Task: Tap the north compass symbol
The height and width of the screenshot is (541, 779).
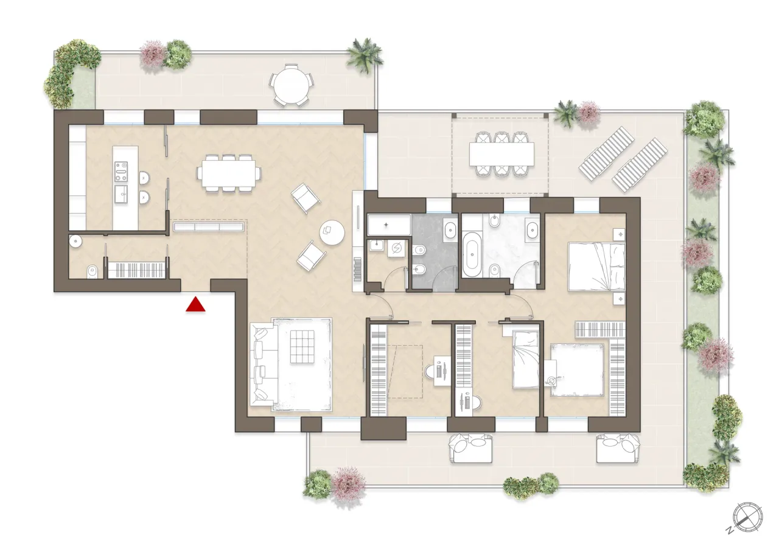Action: point(747,515)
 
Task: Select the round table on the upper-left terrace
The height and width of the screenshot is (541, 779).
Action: point(290,87)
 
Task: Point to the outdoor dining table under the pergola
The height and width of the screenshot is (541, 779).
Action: point(501,154)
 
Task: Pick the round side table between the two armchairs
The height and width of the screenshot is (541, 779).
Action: point(332,231)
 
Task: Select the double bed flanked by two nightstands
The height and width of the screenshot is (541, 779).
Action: point(596,266)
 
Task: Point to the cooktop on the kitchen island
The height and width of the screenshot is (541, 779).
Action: point(121,172)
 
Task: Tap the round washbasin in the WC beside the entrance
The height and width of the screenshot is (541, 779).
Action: point(75,240)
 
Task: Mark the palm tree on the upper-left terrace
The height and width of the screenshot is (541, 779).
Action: point(365,55)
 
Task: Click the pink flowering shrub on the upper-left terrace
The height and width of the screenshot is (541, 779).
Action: point(152,54)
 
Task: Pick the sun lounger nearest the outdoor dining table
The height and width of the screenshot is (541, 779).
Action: point(606,153)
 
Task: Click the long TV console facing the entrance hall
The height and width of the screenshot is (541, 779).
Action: point(209,227)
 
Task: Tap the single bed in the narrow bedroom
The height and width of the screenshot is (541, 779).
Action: point(525,358)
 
